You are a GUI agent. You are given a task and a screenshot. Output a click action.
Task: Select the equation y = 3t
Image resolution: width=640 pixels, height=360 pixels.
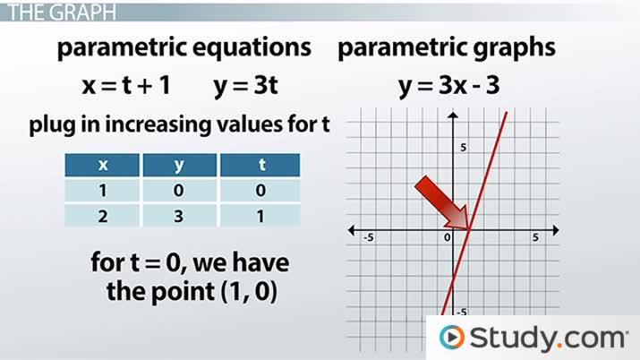pos(243,87)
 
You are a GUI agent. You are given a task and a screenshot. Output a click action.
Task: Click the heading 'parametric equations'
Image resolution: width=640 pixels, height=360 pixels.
pos(184,48)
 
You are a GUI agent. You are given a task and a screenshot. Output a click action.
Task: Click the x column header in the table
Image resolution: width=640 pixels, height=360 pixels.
pos(101,164)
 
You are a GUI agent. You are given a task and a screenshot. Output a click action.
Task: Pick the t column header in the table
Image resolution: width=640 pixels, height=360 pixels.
pos(259,164)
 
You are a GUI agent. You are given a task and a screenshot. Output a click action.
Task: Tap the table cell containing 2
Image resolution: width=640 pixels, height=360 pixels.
pos(101,215)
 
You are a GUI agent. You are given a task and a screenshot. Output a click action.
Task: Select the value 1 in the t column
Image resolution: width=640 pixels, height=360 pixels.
pos(259,215)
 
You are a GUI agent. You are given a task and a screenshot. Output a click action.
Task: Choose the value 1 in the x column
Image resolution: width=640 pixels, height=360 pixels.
pos(101,190)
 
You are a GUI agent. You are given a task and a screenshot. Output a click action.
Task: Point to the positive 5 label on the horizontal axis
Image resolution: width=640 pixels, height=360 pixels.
pos(535,237)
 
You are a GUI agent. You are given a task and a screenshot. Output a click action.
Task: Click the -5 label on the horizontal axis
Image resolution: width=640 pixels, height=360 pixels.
pos(368,237)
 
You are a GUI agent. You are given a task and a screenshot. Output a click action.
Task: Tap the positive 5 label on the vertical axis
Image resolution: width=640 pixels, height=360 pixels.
pos(464,146)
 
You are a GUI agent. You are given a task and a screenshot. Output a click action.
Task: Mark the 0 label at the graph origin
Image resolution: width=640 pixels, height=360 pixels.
pos(447,237)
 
